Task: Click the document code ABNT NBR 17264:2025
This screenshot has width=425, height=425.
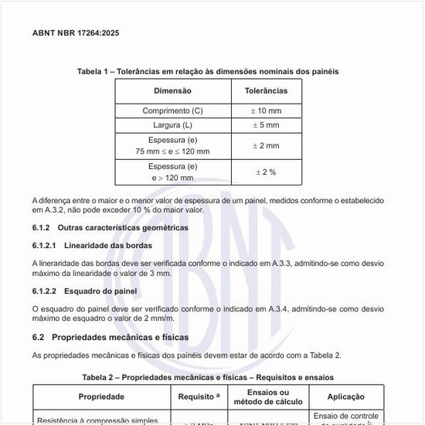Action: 76,33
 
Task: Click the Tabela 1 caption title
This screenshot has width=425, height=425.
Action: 207,71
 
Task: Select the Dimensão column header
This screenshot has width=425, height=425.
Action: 172,91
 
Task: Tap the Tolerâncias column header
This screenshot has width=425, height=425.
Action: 266,91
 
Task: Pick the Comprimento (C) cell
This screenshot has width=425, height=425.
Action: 172,110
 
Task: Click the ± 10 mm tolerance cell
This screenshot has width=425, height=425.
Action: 266,110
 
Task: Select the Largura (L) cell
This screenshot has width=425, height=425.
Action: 172,124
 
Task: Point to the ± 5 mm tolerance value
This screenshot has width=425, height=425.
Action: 266,124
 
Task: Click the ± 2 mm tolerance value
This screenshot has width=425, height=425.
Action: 266,145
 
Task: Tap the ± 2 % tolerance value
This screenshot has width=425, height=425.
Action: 266,172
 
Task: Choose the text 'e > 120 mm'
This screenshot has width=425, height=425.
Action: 172,178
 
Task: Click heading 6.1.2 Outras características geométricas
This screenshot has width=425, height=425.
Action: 110,228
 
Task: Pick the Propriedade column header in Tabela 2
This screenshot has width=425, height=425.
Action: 101,396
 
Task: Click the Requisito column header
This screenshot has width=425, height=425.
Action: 199,396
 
